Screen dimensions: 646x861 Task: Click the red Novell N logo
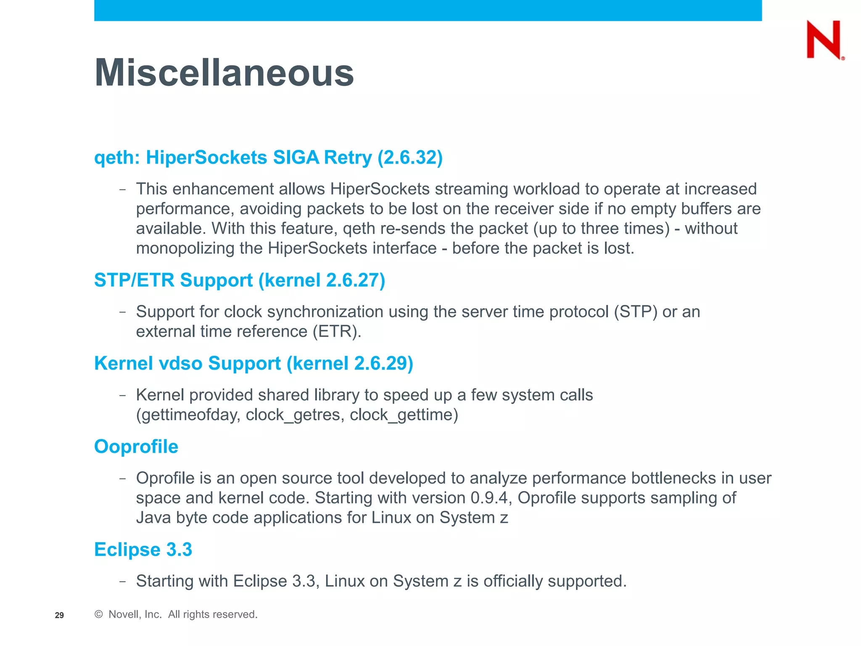(824, 40)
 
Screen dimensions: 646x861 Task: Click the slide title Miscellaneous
(224, 73)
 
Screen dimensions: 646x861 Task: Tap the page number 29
(59, 615)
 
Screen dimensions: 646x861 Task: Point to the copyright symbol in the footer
(99, 614)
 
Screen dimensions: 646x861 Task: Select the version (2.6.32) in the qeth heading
(410, 158)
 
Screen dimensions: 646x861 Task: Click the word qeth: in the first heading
(117, 158)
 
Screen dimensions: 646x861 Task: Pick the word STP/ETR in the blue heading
(134, 280)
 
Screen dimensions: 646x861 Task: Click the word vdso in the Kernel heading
(181, 363)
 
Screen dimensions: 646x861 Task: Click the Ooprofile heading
(136, 446)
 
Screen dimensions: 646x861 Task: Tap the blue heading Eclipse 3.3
(143, 549)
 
